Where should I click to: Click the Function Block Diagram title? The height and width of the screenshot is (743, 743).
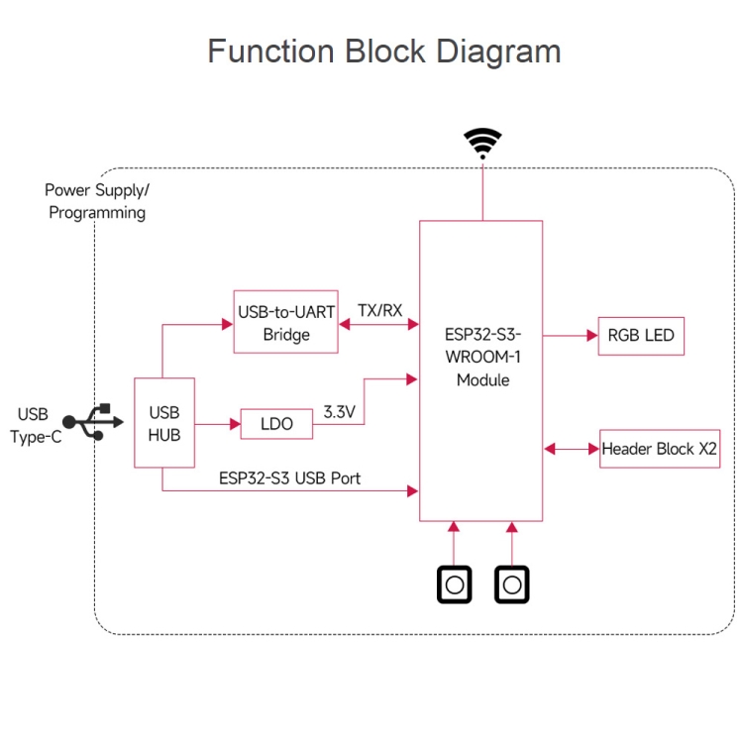point(383,52)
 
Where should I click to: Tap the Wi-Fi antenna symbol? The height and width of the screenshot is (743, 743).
point(482,143)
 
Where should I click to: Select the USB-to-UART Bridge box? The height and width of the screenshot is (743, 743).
point(286,323)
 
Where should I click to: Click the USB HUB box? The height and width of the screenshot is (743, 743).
point(164,423)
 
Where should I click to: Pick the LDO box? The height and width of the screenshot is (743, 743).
point(276,424)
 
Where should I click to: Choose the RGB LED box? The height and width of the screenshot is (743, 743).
point(640,336)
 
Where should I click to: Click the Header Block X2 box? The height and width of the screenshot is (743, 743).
point(660,449)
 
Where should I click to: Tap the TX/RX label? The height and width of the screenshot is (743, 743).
point(379,310)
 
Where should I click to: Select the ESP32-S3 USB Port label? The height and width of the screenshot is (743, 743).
point(289,478)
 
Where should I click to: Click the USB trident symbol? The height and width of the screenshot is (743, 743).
point(88,422)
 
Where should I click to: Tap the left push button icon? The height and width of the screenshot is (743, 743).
point(454,584)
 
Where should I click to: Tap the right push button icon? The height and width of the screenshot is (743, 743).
point(512,584)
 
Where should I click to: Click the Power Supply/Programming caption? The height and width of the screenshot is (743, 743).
point(97,200)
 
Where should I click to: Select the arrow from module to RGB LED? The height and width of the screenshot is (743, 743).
point(570,336)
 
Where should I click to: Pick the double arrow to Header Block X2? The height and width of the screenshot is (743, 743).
point(572,449)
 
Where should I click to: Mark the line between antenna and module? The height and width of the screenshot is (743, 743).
point(482,190)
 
